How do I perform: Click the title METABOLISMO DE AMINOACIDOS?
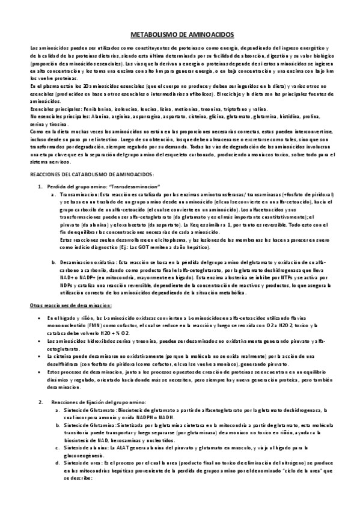tap(180, 35)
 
